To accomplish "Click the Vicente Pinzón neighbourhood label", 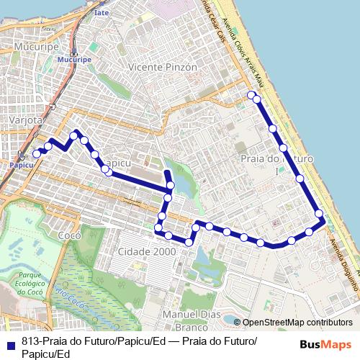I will coord(161,66).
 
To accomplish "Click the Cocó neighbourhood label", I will coord(69,236).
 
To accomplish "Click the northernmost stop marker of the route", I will coord(251,95).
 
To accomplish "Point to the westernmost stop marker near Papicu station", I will coord(37,153).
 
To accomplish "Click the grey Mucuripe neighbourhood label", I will coord(31,46).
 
